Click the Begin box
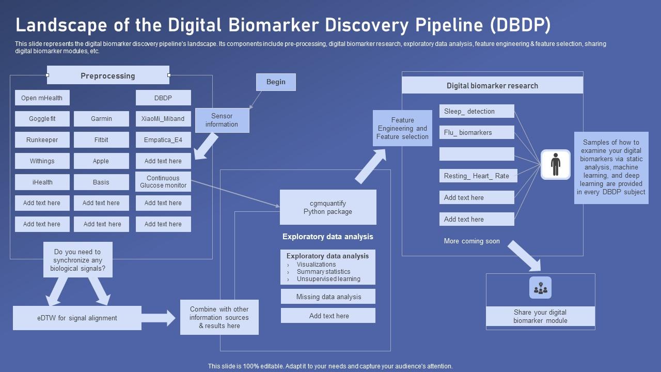coord(276,82)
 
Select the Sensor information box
coord(222,120)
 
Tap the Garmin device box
coord(101,119)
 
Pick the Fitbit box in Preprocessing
coord(101,140)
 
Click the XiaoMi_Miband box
coord(163,119)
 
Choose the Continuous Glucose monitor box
coord(163,182)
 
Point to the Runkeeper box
coord(42,140)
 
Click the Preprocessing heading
coord(108,75)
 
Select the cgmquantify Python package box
coord(328,207)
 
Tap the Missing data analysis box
coord(328,297)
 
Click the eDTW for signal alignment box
coord(77,318)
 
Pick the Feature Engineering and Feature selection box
coord(402,128)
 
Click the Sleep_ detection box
coord(477,112)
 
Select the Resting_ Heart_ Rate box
coord(477,176)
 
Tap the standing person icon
coord(555,164)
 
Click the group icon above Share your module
coord(540,288)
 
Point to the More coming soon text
coord(471,241)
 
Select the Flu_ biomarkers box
coord(477,133)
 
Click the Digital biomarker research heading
coord(492,86)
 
